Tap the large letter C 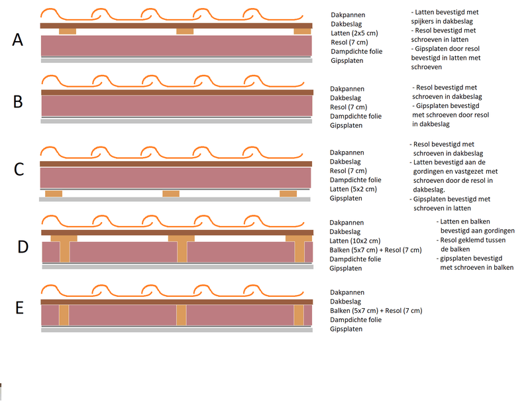pos(19,169)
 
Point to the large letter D pos(23,247)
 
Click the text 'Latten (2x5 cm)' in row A pos(353,33)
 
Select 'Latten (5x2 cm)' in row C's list pos(354,189)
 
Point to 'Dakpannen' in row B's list pos(346,89)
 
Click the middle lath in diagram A pos(185,31)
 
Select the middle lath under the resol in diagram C pos(171,194)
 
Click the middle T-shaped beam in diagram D pos(181,247)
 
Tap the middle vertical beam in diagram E pos(181,315)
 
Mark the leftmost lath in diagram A pos(68,31)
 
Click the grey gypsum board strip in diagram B pos(176,121)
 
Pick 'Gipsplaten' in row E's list pos(346,329)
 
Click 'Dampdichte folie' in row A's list pos(356,52)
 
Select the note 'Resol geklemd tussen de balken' pos(470,245)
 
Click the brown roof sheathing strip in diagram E pos(176,302)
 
